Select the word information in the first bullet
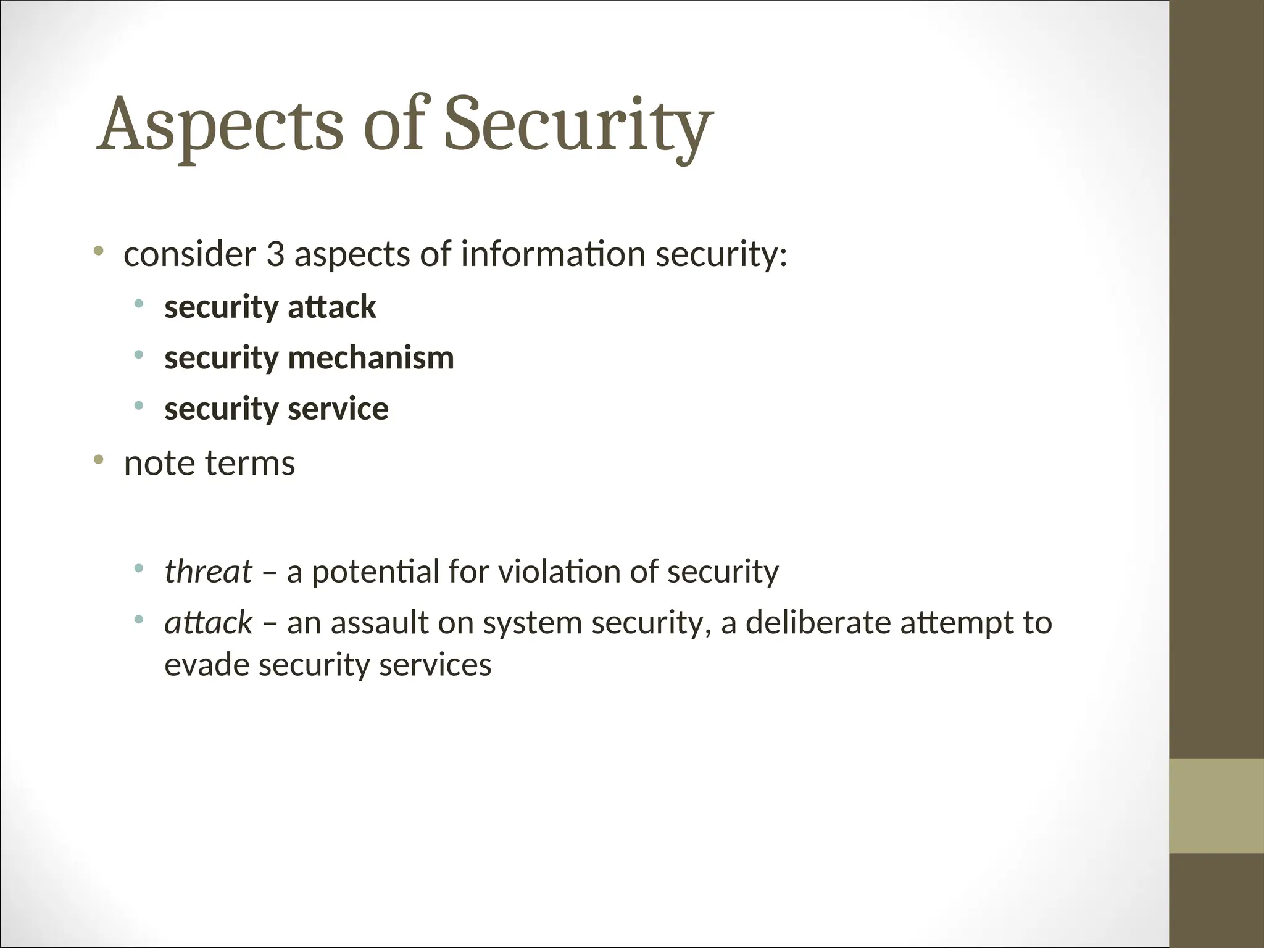click(552, 255)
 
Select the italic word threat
click(208, 572)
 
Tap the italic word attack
click(208, 622)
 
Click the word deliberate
click(818, 622)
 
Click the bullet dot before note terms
click(98, 459)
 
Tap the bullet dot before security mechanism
click(139, 354)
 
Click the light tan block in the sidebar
click(1216, 805)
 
